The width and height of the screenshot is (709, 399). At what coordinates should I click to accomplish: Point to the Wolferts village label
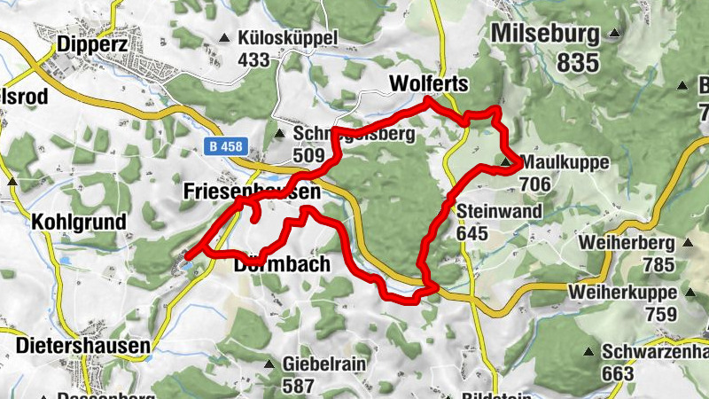[x=428, y=83]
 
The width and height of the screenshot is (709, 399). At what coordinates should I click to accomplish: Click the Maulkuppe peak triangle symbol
[x=506, y=163]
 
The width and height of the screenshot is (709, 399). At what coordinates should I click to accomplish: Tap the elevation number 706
[x=537, y=184]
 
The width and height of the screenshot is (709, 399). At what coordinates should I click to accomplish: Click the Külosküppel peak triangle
[x=224, y=38]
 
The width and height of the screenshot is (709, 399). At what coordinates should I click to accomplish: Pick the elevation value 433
[x=253, y=60]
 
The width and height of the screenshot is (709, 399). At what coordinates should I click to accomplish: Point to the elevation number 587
[x=300, y=386]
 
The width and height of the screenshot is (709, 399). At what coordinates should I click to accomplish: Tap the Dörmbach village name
[x=283, y=264]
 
